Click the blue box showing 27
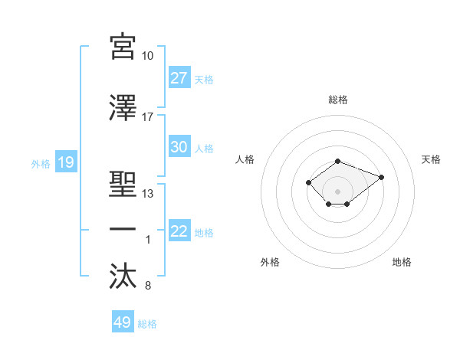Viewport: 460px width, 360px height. (179, 79)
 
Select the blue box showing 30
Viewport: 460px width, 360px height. (179, 148)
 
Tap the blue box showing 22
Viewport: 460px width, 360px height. (179, 232)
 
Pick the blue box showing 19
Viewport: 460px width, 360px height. (65, 162)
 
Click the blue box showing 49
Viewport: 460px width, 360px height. (122, 323)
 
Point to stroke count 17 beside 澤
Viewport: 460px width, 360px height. (148, 118)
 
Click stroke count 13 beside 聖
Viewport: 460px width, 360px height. (148, 194)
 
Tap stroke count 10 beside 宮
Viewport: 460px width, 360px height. (148, 56)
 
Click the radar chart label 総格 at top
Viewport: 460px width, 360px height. (338, 100)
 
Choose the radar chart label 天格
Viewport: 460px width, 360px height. (432, 159)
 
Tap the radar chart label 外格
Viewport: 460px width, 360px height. (270, 262)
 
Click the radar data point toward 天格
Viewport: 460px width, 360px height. (381, 177)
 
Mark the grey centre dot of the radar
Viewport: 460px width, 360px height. (338, 191)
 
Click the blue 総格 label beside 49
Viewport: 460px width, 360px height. (147, 324)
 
